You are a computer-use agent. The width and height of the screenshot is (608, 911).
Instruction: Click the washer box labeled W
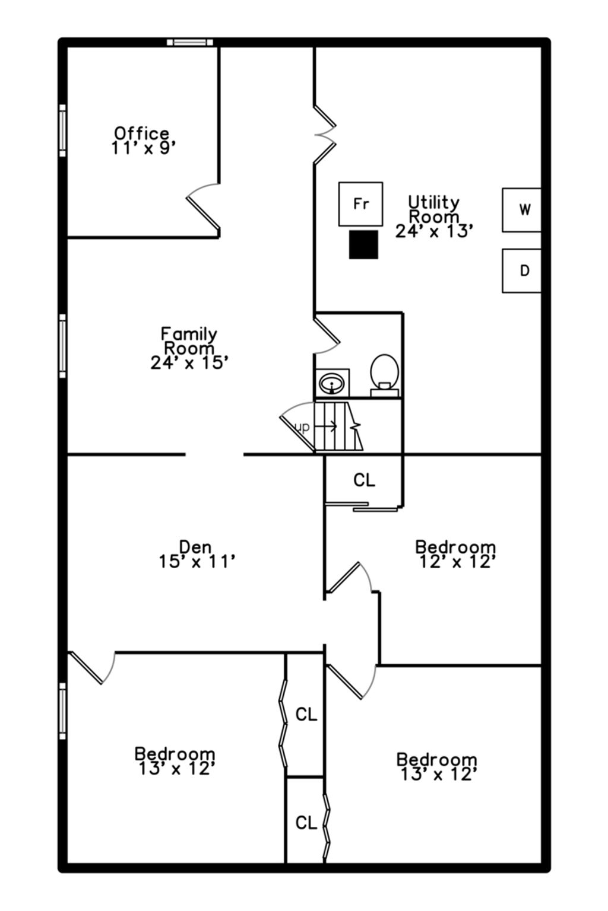pyautogui.click(x=521, y=210)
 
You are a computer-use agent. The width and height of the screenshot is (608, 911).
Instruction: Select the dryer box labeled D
pyautogui.click(x=521, y=270)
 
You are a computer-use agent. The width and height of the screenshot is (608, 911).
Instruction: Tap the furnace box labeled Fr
pyautogui.click(x=361, y=204)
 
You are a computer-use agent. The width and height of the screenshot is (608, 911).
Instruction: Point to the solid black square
pyautogui.click(x=363, y=244)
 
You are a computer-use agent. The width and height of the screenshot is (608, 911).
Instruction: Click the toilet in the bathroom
pyautogui.click(x=384, y=375)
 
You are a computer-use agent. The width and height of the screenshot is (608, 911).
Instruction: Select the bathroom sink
pyautogui.click(x=332, y=383)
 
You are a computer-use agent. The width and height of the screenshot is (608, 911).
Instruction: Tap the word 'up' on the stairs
pyautogui.click(x=302, y=427)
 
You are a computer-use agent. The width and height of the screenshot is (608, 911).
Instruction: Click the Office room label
pyautogui.click(x=141, y=133)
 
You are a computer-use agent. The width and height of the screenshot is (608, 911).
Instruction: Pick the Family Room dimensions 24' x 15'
pyautogui.click(x=189, y=362)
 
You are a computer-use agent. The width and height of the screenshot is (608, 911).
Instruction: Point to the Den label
pyautogui.click(x=195, y=547)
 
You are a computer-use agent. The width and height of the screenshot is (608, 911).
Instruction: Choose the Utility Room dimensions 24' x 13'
pyautogui.click(x=434, y=231)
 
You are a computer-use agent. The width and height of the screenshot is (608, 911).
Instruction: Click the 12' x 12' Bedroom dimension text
pyautogui.click(x=457, y=562)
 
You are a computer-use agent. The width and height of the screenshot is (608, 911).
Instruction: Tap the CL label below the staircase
pyautogui.click(x=364, y=480)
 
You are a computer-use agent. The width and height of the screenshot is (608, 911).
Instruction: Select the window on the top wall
pyautogui.click(x=190, y=42)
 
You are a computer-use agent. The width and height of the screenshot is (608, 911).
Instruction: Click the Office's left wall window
pyautogui.click(x=62, y=130)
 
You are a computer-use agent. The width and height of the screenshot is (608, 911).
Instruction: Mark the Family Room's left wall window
pyautogui.click(x=62, y=346)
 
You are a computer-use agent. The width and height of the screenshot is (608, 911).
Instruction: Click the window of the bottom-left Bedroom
pyautogui.click(x=62, y=711)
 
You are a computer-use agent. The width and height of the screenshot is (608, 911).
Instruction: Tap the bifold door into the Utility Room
pyautogui.click(x=325, y=135)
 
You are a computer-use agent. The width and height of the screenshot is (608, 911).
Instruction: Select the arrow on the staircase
pyautogui.click(x=327, y=426)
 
